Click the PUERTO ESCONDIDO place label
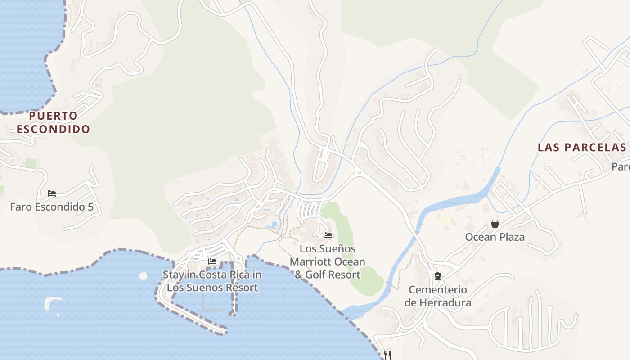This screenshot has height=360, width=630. [53, 122]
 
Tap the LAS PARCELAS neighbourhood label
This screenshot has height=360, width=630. [581, 147]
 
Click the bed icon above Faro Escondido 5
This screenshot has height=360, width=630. [52, 193]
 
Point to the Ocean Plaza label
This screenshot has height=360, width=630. [495, 237]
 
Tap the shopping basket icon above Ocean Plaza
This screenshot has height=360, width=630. [495, 224]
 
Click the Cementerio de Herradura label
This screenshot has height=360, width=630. [437, 296]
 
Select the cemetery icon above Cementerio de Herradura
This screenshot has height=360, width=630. [437, 276]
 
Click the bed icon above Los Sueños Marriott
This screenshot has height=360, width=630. [328, 235]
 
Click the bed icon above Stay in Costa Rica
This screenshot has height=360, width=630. [212, 261]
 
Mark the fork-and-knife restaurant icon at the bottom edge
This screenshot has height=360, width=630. [387, 355]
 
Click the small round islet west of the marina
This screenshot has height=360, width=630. [143, 275]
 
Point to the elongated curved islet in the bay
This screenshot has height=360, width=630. [52, 302]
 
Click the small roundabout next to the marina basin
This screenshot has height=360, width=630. [238, 259]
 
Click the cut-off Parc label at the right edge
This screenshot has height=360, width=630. [621, 167]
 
